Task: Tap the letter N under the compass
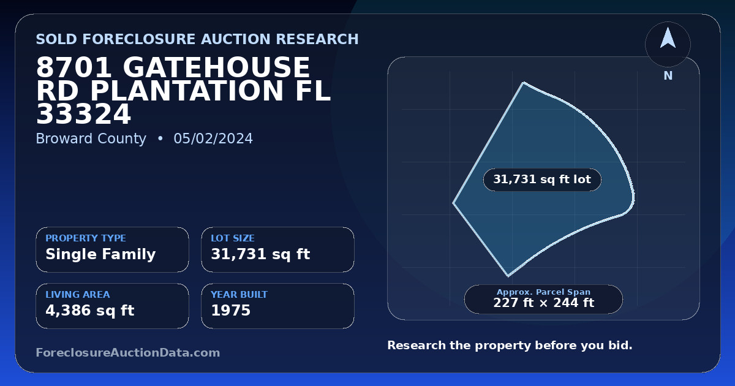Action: pos(668,76)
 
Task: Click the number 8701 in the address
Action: pos(74,67)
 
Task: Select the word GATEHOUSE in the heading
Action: pos(217,67)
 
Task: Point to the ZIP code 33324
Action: pos(84,114)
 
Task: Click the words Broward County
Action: pos(91,138)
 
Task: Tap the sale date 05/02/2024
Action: pos(213,138)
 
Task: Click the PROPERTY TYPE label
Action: pos(86,238)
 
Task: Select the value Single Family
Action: pos(100,254)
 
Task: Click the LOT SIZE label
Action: pos(233,238)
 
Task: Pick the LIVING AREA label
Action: pos(78,295)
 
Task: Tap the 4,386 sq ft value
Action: pos(90,311)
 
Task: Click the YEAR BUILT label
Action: pos(239,295)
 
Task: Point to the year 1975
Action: pos(231,311)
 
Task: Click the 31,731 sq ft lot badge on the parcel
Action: pos(542,180)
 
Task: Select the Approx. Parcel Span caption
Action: pos(543,292)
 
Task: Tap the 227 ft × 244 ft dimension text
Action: pos(543,303)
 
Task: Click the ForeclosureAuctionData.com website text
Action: pos(128,352)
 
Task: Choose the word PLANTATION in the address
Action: pos(187,91)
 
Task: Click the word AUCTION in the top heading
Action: pos(236,39)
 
